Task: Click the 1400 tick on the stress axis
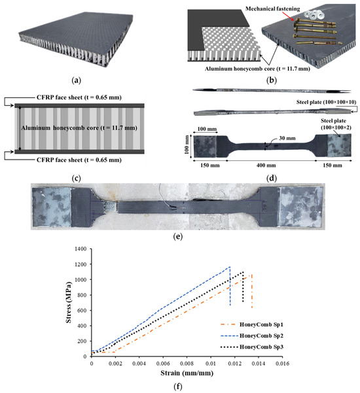pyautogui.click(x=81, y=249)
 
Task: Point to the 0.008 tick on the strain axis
pyautogui.click(x=187, y=364)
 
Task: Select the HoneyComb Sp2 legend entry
pyautogui.click(x=252, y=335)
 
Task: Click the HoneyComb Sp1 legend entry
pyautogui.click(x=252, y=324)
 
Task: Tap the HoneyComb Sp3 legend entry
pyautogui.click(x=252, y=347)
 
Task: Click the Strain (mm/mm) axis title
pyautogui.click(x=187, y=373)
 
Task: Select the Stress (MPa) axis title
pyautogui.click(x=69, y=303)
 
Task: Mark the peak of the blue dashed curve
pyautogui.click(x=230, y=267)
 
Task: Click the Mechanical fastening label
pyautogui.click(x=273, y=9)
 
